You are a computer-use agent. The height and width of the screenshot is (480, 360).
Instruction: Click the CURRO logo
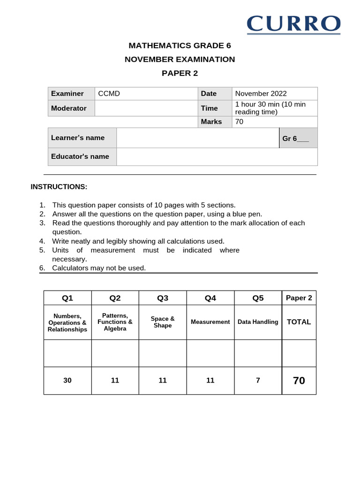point(293,24)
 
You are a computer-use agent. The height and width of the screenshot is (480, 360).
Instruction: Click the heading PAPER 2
point(180,73)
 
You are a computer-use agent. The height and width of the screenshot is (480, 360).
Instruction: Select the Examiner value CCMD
point(109,94)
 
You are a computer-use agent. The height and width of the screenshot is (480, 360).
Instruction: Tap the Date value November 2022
point(261,94)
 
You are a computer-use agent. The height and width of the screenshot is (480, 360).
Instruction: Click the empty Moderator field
point(146,108)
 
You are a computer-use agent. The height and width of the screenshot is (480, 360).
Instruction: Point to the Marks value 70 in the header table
point(239,122)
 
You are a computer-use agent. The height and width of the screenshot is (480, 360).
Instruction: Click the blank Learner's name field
point(197,138)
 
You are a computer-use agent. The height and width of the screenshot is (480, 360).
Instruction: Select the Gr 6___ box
point(298,138)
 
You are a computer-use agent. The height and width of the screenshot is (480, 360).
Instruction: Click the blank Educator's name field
point(217,157)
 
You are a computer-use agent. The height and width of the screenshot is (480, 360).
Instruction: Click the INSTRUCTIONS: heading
point(59,187)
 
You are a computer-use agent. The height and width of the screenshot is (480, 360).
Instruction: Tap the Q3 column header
point(163,298)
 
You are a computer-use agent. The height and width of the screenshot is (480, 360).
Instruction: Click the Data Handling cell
point(258,322)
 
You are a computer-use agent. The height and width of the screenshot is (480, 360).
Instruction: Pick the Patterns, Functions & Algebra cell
point(115,322)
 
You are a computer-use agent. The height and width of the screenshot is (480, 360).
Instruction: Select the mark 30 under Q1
point(67,381)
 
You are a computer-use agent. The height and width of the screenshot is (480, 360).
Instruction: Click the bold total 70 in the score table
point(299,381)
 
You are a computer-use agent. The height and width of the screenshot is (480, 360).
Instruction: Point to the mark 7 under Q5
point(258,381)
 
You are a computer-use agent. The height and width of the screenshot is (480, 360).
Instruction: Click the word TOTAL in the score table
point(299,322)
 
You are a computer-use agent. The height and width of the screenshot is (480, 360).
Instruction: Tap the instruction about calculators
point(99,268)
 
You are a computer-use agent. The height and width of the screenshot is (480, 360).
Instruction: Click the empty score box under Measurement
point(210,353)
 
